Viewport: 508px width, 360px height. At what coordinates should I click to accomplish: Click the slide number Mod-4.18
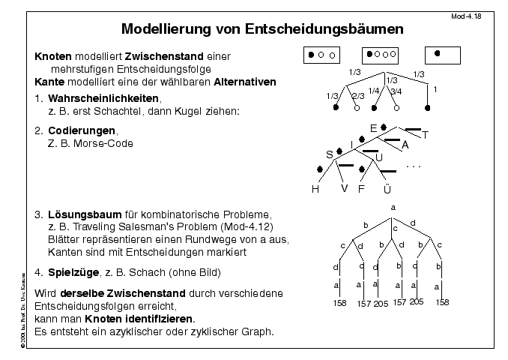[x=483, y=15]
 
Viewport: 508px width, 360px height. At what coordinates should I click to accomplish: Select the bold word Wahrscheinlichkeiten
[x=104, y=98]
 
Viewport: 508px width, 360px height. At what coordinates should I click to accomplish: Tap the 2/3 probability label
[x=358, y=96]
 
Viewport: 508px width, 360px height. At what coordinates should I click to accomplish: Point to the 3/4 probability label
[x=396, y=91]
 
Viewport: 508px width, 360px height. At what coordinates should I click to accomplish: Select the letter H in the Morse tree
[x=315, y=188]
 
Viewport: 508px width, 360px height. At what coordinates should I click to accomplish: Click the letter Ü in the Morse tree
[x=387, y=188]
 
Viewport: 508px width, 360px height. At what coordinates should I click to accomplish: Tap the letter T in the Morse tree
[x=425, y=136]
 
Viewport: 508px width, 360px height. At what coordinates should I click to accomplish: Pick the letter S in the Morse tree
[x=328, y=154]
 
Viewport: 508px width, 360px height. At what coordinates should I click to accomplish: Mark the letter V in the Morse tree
[x=345, y=188]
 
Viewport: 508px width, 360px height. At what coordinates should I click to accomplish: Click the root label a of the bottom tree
[x=393, y=205]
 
